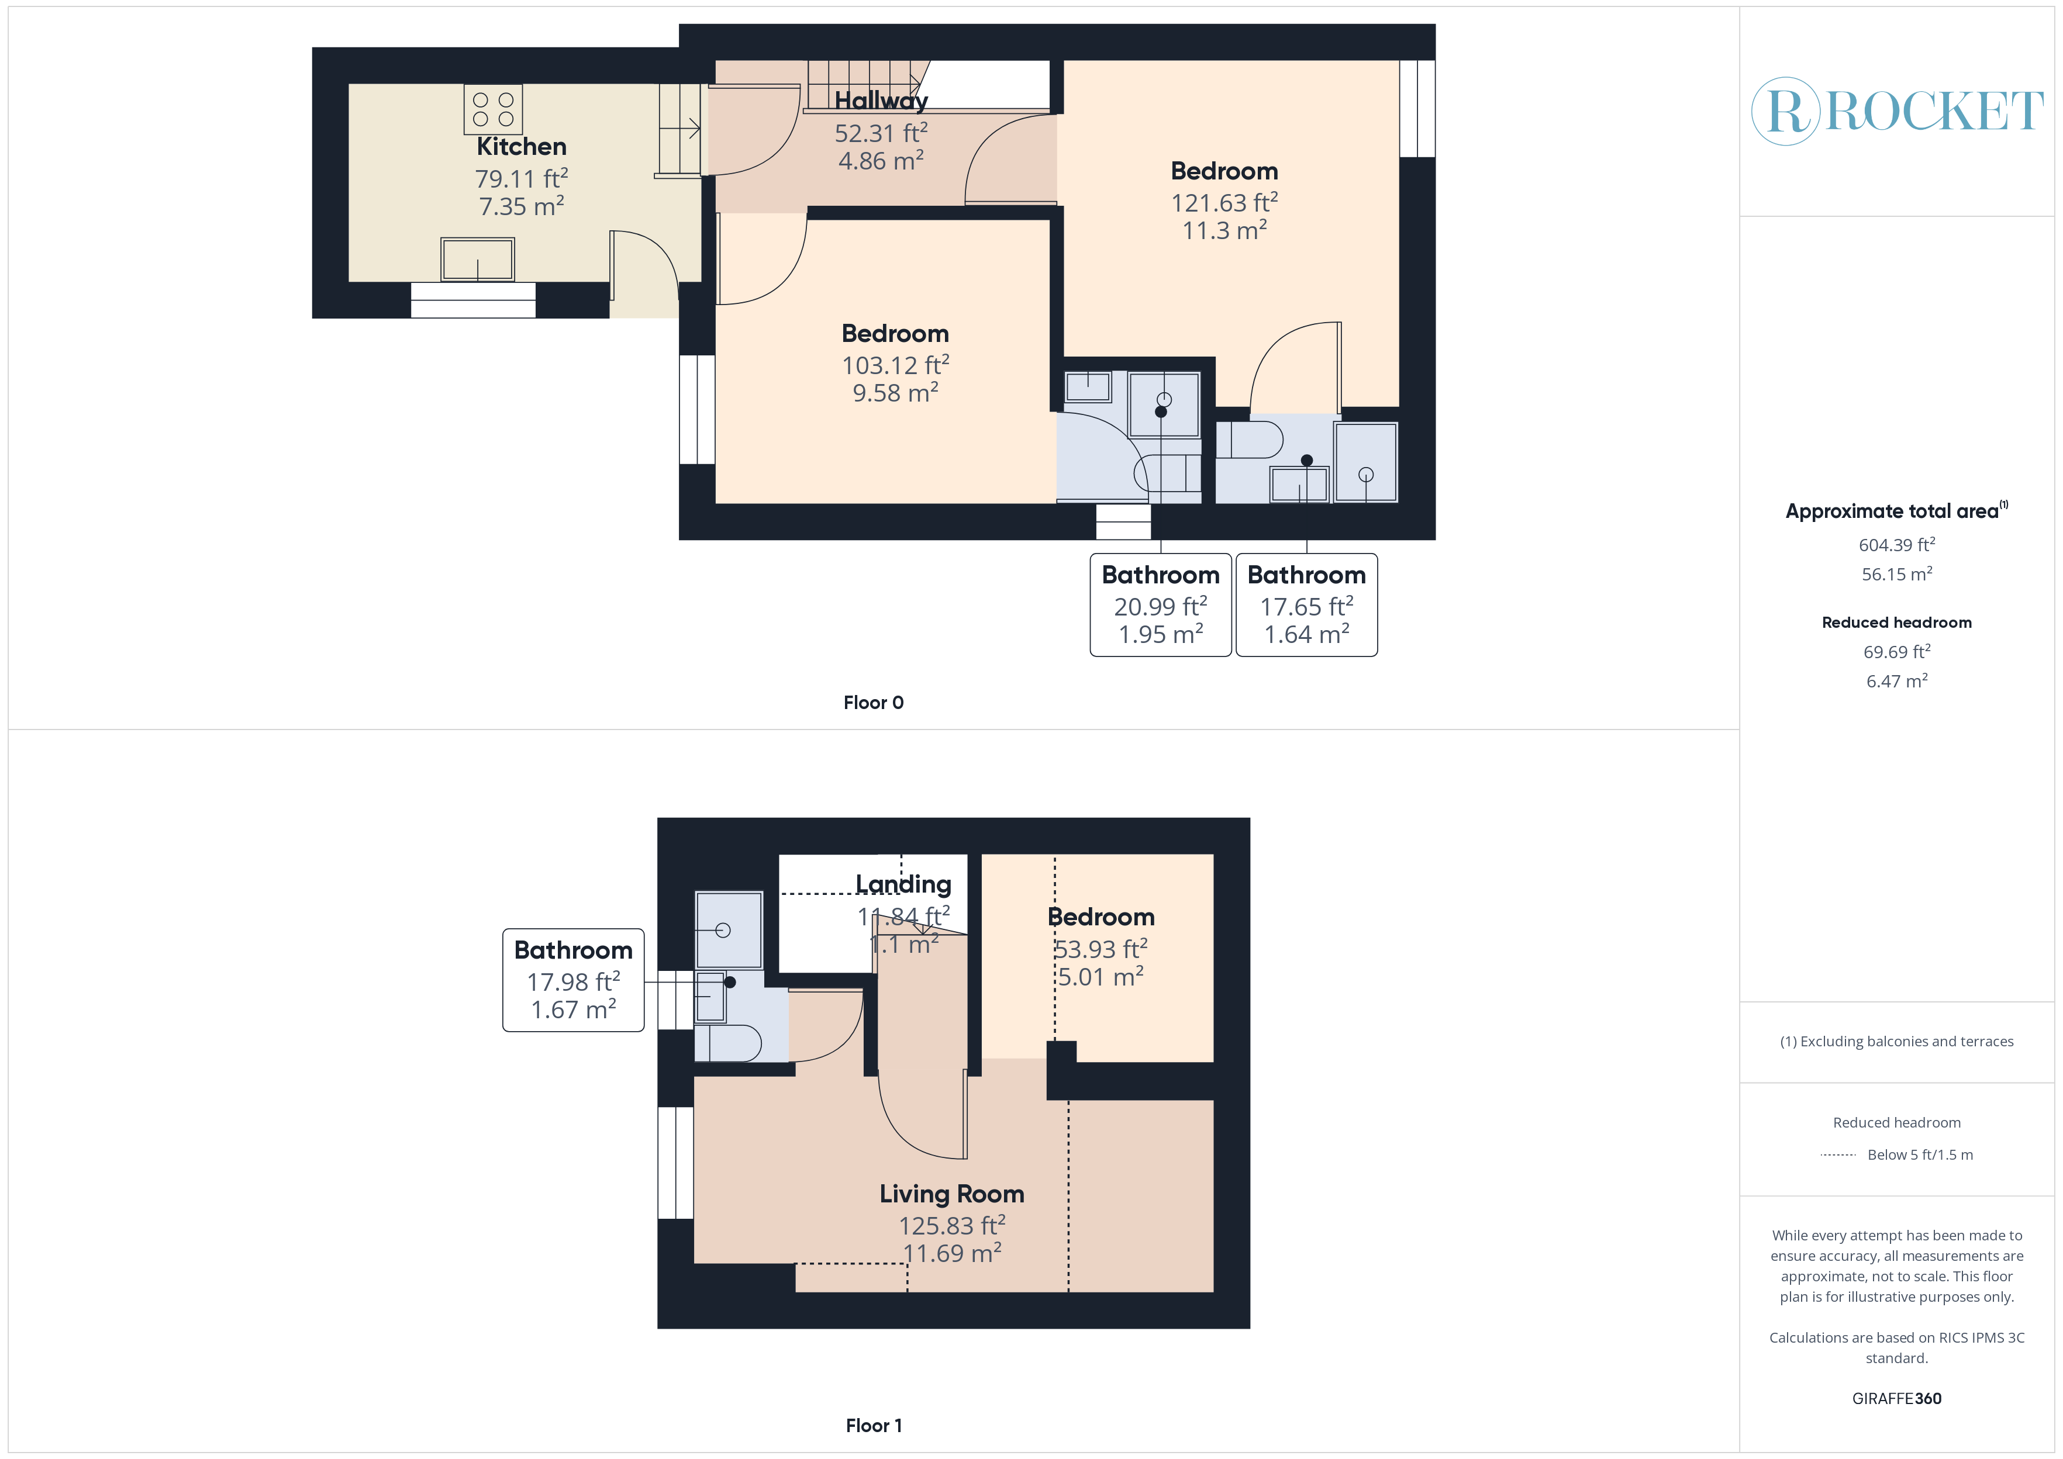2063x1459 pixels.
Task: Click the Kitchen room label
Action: (521, 147)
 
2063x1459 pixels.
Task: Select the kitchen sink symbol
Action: (477, 260)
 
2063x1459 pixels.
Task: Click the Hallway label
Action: (881, 101)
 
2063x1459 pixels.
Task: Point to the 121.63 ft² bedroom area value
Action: (1224, 203)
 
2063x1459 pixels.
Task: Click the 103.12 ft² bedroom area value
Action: (895, 366)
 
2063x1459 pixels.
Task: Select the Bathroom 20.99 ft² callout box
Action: (1161, 604)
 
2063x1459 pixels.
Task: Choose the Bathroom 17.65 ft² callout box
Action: (1306, 604)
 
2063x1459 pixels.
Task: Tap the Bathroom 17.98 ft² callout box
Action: (573, 980)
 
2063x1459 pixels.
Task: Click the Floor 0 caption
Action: (874, 703)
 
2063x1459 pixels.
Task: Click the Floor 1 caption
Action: (874, 1426)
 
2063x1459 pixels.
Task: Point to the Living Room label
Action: (951, 1194)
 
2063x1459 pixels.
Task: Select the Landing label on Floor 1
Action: (903, 885)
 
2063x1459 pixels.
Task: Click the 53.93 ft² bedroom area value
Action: (1101, 950)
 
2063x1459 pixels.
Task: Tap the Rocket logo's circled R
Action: (1786, 112)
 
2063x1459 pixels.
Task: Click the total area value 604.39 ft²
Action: (1897, 545)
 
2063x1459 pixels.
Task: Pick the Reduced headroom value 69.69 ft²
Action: (1897, 652)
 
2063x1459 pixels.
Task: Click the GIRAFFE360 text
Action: (1897, 1399)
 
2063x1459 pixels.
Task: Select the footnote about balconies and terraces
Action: (1897, 1041)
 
